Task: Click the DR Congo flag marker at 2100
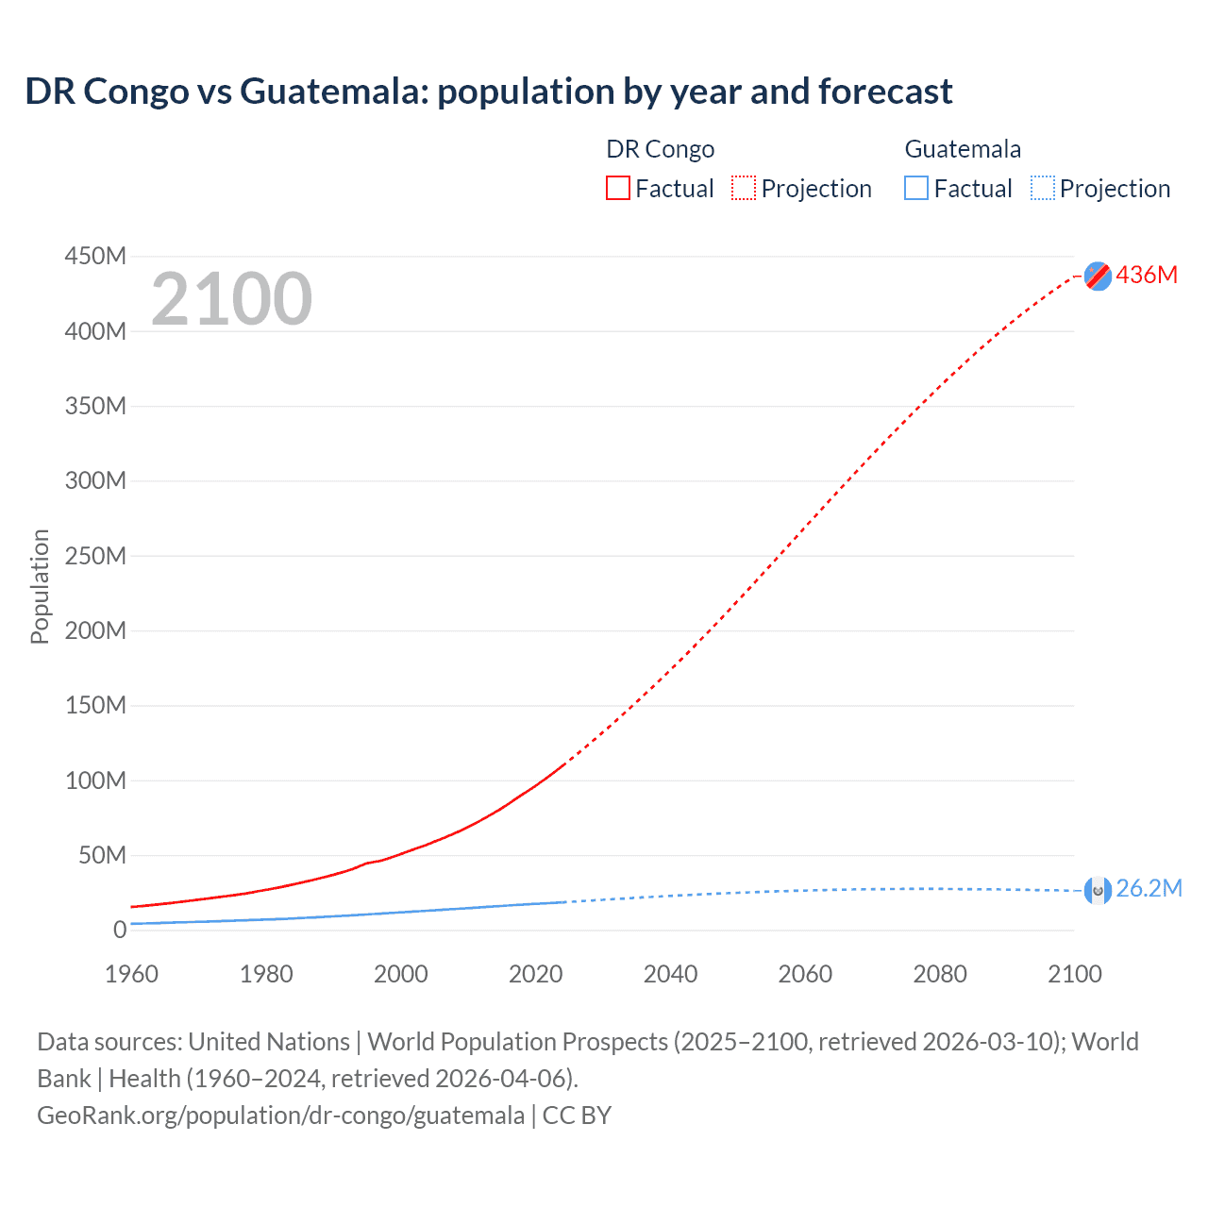(1098, 276)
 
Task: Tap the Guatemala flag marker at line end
(1098, 889)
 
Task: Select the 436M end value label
(1147, 275)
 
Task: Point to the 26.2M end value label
(1149, 889)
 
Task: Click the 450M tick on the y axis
(95, 256)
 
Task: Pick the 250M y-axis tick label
(95, 556)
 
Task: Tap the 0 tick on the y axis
(120, 930)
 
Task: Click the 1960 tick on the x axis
(131, 974)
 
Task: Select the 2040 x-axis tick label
(670, 974)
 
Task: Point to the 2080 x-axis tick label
(940, 974)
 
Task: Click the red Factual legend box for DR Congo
(618, 189)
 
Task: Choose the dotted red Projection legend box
(744, 189)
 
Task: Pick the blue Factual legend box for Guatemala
(916, 189)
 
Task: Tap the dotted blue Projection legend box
(1043, 189)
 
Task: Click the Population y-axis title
(40, 586)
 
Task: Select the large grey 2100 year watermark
(231, 299)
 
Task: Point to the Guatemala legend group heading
(963, 149)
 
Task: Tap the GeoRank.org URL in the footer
(280, 1116)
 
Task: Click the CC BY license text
(577, 1116)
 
